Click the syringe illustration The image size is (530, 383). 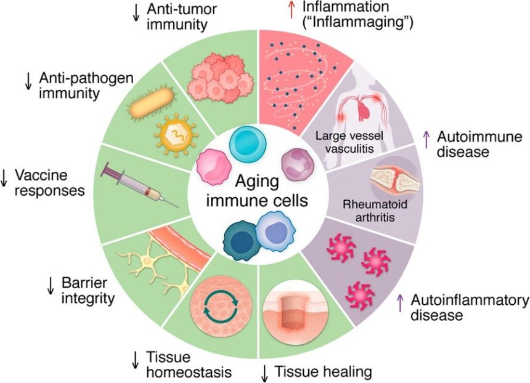[x=140, y=185]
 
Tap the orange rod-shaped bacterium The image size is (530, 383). [x=152, y=103]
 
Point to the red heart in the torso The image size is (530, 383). [x=364, y=111]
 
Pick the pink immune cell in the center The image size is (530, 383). [x=214, y=167]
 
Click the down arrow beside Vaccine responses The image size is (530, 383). [x=4, y=178]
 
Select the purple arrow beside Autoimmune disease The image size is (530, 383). [x=426, y=139]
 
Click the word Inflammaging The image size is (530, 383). [x=358, y=22]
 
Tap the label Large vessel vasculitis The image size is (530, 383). [x=349, y=142]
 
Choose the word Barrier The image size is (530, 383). [x=79, y=283]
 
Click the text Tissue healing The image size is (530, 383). [x=323, y=372]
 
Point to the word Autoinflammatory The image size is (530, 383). [x=470, y=300]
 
